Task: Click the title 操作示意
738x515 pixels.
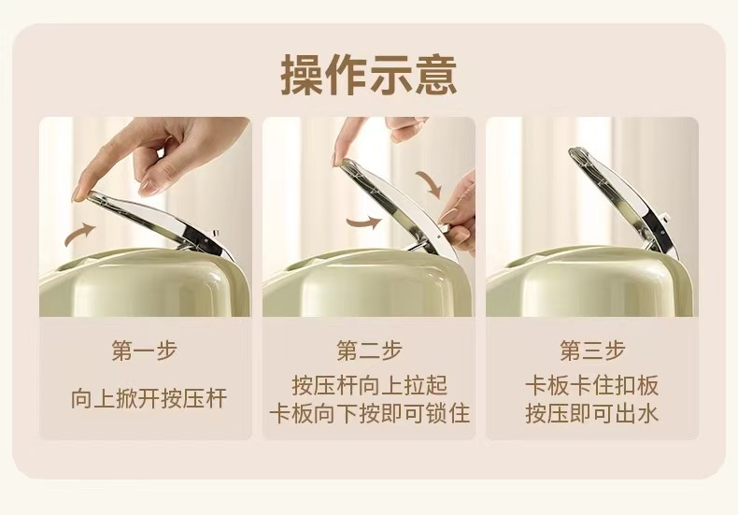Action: [368, 76]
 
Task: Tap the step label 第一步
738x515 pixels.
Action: [145, 350]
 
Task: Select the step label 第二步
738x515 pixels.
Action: [369, 350]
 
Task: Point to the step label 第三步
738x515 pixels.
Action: [592, 350]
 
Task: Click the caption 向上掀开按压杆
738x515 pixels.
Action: [149, 399]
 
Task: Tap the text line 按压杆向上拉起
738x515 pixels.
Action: [370, 385]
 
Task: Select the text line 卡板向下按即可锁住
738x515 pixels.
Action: [370, 413]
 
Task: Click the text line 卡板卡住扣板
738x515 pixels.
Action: [592, 385]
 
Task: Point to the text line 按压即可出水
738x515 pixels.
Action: [592, 413]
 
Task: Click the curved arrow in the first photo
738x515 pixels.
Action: [80, 234]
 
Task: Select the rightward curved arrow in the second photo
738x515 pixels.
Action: [364, 222]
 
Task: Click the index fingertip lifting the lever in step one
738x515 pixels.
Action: [80, 194]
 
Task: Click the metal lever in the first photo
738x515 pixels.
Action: [160, 222]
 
